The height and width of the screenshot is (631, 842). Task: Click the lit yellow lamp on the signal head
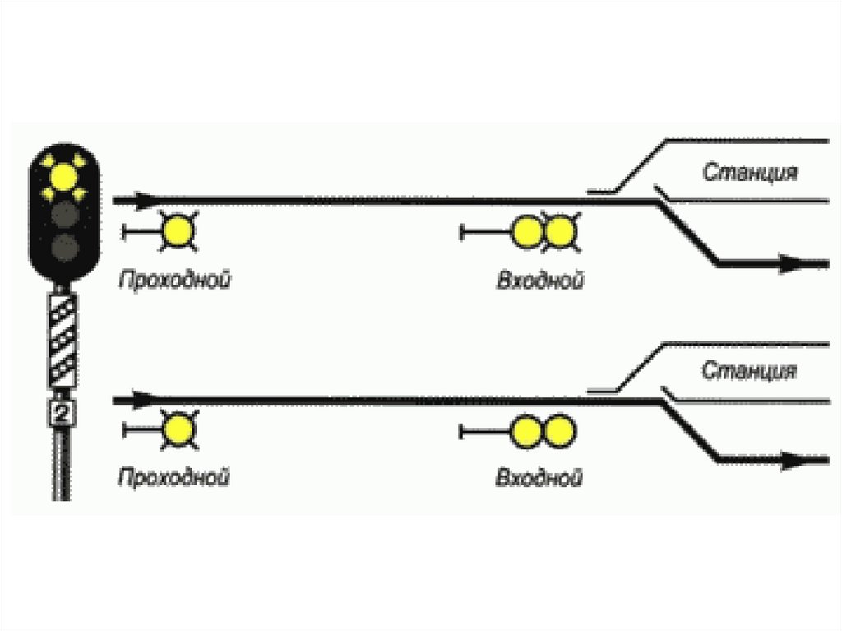click(63, 174)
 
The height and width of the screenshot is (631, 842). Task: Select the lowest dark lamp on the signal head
click(62, 247)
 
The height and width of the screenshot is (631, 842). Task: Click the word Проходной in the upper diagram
click(173, 280)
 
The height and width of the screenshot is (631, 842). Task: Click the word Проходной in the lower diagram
click(173, 476)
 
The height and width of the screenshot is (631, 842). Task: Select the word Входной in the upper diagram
click(539, 281)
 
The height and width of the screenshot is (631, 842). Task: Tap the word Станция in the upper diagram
click(750, 173)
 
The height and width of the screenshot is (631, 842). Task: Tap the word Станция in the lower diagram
click(749, 370)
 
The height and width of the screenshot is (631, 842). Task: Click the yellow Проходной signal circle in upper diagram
click(177, 232)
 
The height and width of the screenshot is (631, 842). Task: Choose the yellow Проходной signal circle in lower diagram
click(177, 430)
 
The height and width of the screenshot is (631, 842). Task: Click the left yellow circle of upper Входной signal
click(526, 232)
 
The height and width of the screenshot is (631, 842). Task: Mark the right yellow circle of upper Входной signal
click(558, 232)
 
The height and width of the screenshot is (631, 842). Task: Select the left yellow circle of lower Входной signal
click(526, 431)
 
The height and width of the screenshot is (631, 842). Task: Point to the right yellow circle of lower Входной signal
click(558, 431)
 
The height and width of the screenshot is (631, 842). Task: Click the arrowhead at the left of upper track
click(144, 199)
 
